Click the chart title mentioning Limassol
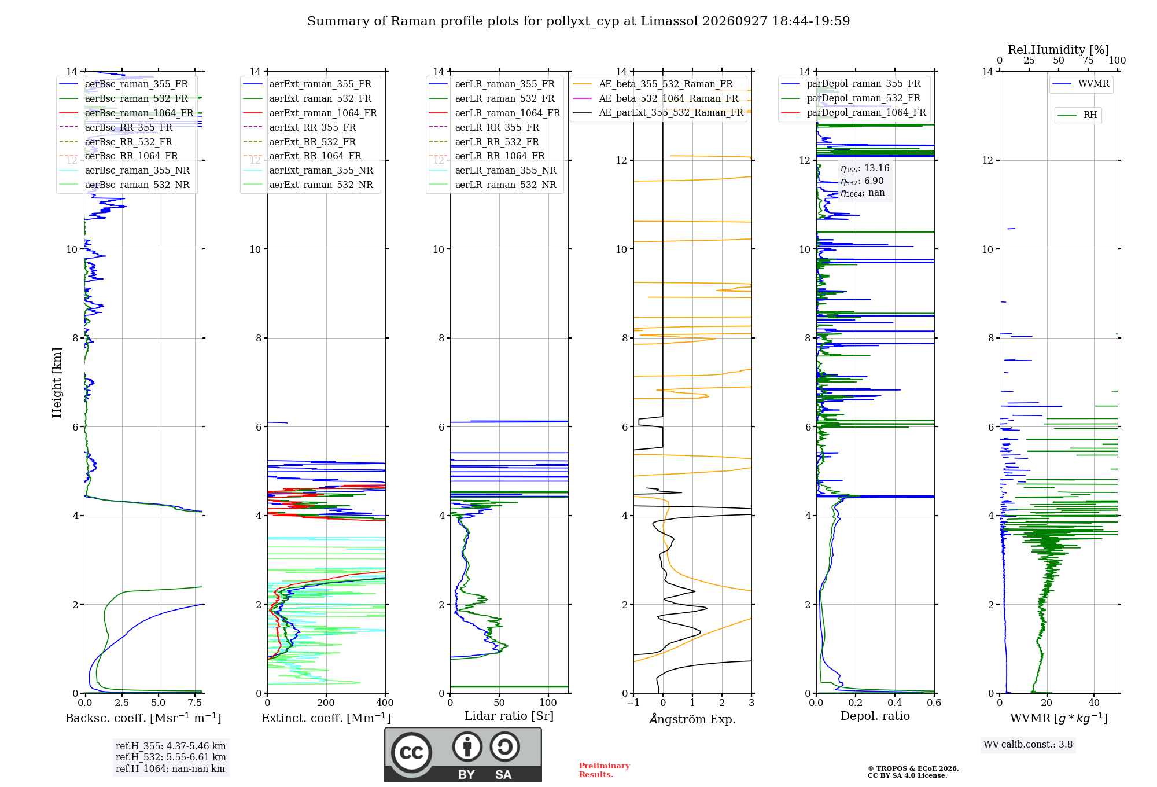pyautogui.click(x=578, y=21)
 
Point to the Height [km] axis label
pyautogui.click(x=57, y=383)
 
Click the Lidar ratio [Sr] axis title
pyautogui.click(x=509, y=716)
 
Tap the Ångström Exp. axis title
pyautogui.click(x=692, y=719)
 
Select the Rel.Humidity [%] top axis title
pyautogui.click(x=1058, y=50)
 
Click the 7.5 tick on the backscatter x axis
pyautogui.click(x=195, y=703)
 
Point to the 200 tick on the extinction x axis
pyautogui.click(x=326, y=703)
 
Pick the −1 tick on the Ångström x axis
pyautogui.click(x=633, y=703)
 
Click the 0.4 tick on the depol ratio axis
pyautogui.click(x=895, y=703)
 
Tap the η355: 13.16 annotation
pyautogui.click(x=865, y=168)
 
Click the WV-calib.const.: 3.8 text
pyautogui.click(x=1028, y=745)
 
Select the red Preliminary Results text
pyautogui.click(x=605, y=770)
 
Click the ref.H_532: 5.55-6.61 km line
pyautogui.click(x=171, y=757)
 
